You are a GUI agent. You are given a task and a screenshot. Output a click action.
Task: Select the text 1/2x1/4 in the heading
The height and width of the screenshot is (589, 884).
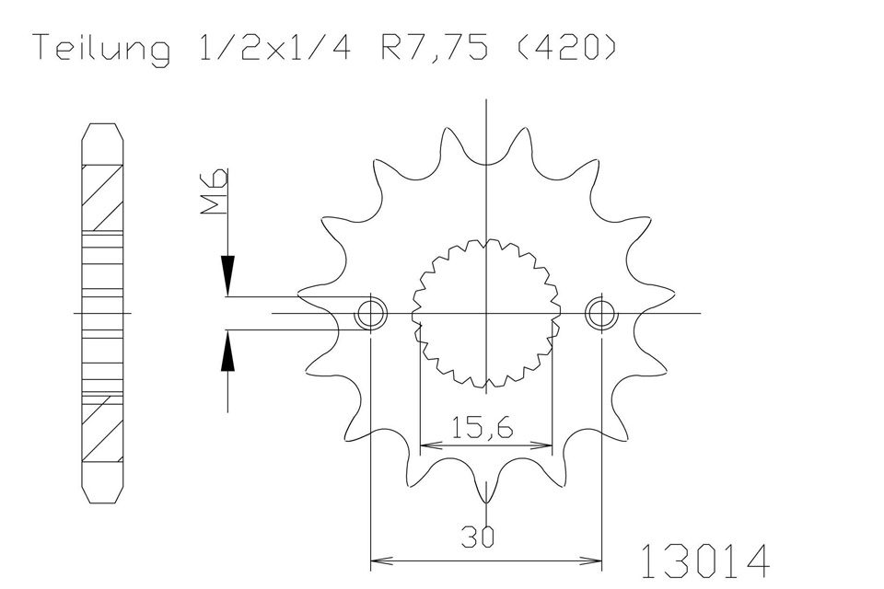[273, 47]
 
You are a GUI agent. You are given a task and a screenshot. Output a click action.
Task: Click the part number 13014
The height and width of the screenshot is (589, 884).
[704, 560]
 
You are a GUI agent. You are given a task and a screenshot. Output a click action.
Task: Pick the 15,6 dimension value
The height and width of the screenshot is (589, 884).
[483, 428]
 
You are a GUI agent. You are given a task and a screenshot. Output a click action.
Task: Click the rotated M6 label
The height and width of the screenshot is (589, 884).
[215, 191]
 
